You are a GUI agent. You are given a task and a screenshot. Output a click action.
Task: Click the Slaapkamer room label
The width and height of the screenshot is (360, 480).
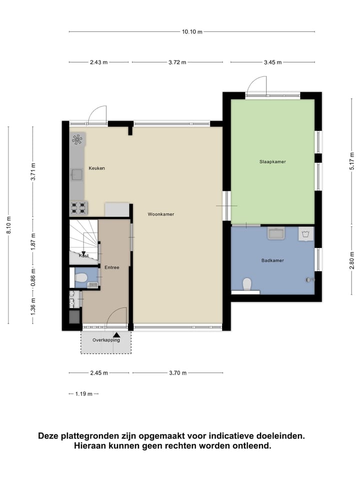click(272, 161)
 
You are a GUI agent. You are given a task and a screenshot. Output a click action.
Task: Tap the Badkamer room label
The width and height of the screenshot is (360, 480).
click(272, 260)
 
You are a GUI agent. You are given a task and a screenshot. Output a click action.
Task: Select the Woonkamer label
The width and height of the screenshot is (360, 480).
click(161, 214)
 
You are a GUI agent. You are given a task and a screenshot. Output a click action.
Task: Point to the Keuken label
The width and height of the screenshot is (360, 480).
click(97, 168)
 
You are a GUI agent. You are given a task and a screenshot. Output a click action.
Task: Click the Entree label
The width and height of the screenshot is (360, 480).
click(112, 267)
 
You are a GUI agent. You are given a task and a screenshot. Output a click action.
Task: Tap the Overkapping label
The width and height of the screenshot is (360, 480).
click(106, 340)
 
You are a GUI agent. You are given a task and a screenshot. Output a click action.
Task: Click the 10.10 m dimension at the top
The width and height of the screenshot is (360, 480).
click(192, 32)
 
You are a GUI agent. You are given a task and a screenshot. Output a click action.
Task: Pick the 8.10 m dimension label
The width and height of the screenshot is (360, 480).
click(8, 225)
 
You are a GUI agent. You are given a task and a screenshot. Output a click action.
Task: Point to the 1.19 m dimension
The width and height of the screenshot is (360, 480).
click(83, 394)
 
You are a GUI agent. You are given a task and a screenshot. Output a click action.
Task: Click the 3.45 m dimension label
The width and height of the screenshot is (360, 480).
click(272, 62)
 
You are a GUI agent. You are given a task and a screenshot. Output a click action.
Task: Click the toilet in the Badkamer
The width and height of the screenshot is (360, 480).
click(246, 284)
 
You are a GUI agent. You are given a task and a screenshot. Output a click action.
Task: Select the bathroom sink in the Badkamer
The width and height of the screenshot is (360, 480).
click(275, 233)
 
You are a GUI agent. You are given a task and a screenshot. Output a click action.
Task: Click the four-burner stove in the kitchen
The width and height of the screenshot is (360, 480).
click(78, 207)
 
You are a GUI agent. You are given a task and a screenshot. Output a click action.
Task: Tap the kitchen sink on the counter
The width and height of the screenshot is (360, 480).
click(76, 174)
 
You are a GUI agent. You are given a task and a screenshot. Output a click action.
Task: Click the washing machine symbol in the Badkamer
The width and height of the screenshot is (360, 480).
click(305, 233)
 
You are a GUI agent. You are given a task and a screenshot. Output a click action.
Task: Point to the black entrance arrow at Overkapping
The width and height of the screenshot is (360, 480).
click(116, 335)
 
